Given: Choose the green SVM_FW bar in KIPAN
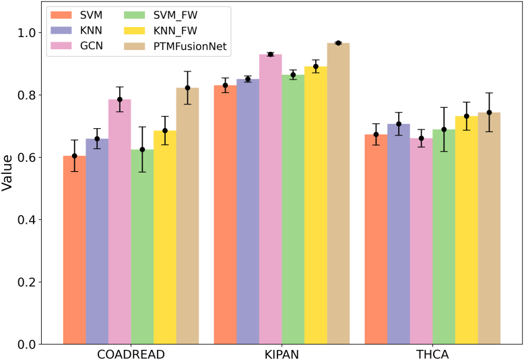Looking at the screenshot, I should tap(293, 209).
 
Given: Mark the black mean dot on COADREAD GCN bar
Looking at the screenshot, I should tap(120, 99).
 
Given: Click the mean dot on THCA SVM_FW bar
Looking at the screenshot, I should tap(444, 129).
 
